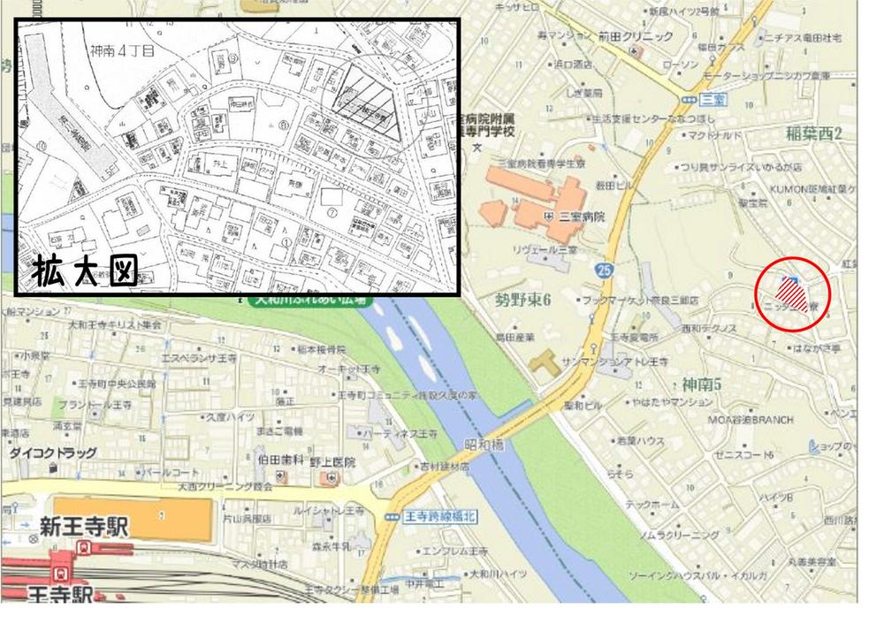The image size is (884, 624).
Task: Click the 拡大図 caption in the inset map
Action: [x=87, y=273]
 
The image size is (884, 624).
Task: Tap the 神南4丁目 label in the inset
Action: [x=123, y=53]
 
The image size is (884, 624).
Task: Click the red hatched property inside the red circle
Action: [x=790, y=293]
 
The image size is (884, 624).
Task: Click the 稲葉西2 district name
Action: [x=812, y=133]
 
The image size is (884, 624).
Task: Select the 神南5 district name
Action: [x=702, y=384]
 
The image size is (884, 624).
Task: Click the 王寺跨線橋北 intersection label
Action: [x=436, y=515]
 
